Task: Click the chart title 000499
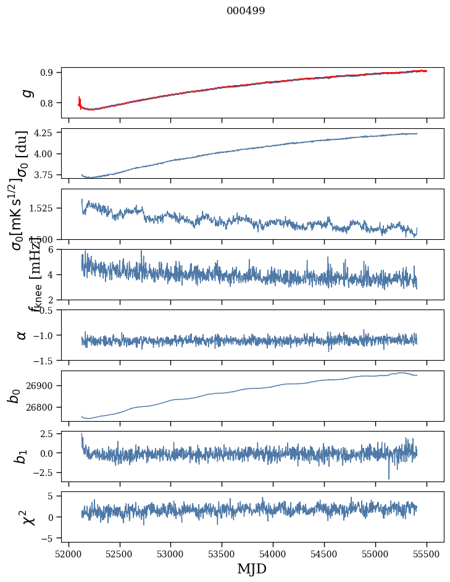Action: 246,10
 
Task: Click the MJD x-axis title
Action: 252,568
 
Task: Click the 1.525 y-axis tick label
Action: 43,208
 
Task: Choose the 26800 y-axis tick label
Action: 42,407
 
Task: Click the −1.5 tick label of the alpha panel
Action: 44,360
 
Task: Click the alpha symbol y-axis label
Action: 22,335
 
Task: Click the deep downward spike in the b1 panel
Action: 389,477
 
